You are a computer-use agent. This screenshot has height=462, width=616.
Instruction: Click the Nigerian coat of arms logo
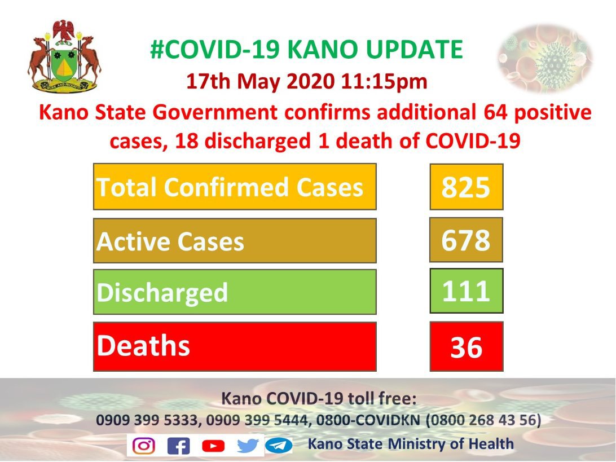click(64, 56)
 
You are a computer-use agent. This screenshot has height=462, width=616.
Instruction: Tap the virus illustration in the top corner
click(545, 59)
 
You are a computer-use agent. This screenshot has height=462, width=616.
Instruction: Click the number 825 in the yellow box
click(466, 187)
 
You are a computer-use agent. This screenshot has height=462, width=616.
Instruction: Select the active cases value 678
click(466, 240)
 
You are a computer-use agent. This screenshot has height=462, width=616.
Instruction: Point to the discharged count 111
click(467, 291)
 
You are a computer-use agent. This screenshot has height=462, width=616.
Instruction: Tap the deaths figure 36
click(467, 346)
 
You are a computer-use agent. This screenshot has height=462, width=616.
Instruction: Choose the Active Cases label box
click(235, 240)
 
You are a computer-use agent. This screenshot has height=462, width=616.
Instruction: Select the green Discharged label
click(235, 292)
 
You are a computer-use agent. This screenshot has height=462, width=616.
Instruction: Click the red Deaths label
click(235, 346)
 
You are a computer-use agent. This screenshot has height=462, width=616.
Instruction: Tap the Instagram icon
click(143, 446)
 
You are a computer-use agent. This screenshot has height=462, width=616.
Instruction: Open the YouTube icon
click(213, 446)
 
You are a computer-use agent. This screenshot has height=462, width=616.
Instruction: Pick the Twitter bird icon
click(248, 446)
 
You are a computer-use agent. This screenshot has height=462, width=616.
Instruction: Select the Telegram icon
click(279, 446)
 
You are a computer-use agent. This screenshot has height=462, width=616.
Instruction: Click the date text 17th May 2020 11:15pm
click(306, 82)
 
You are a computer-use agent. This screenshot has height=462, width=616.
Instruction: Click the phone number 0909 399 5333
click(147, 420)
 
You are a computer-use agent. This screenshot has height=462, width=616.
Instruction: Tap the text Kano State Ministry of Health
click(411, 444)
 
